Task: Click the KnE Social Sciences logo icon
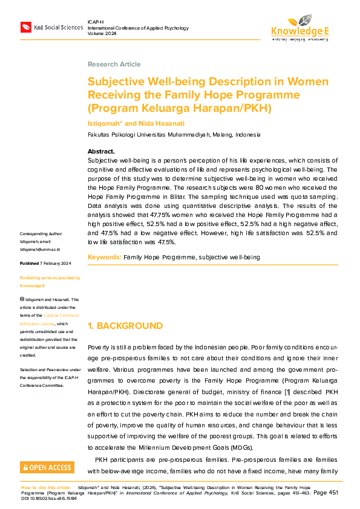[26, 27]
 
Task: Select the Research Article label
[114, 64]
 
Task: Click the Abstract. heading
[101, 151]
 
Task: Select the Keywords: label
[104, 257]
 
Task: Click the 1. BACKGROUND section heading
[125, 326]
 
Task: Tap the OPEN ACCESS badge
[47, 467]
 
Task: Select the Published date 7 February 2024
[45, 264]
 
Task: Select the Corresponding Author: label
[41, 234]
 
